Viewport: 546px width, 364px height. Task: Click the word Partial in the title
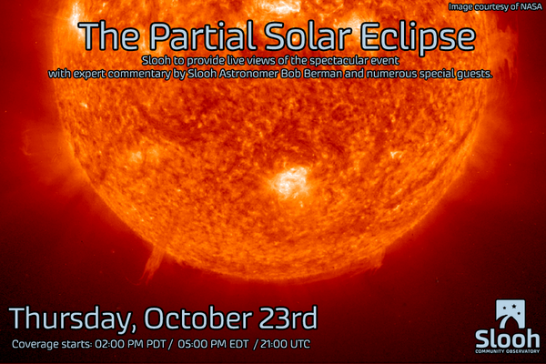[203, 35]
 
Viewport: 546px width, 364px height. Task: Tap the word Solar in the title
[308, 35]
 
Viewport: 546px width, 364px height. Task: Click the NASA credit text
[495, 6]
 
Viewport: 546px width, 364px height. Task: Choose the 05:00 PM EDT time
[213, 344]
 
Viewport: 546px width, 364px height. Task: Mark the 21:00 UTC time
[285, 344]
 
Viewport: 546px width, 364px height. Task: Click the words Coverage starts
[52, 344]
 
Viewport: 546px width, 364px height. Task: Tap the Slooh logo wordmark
[508, 339]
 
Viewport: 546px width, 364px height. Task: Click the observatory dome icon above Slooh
[511, 313]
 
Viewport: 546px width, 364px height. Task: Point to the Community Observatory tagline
[508, 351]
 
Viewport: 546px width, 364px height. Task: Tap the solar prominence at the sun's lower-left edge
[153, 264]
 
